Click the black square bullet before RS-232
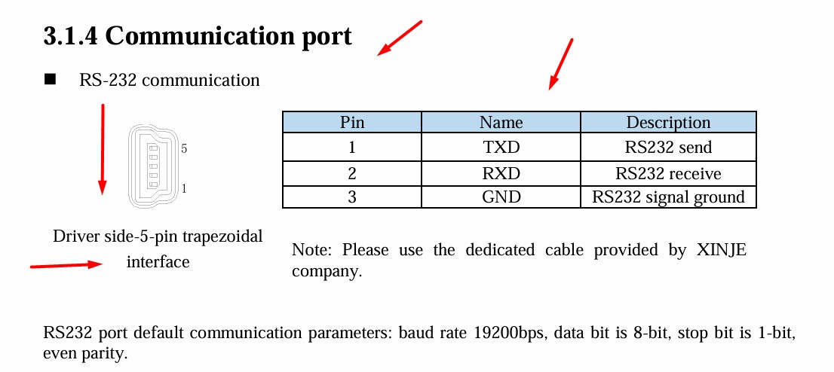click(51, 80)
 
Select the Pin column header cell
click(351, 122)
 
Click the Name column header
click(501, 122)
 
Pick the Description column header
click(668, 122)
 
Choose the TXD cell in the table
click(501, 148)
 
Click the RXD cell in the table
click(501, 173)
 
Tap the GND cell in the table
click(501, 197)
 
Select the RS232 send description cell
click(668, 148)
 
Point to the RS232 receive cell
click(668, 173)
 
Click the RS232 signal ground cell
click(668, 197)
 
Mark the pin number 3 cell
click(351, 197)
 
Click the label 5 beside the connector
click(184, 149)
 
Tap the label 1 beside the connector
click(184, 188)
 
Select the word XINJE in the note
click(722, 250)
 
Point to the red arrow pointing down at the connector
click(103, 149)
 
